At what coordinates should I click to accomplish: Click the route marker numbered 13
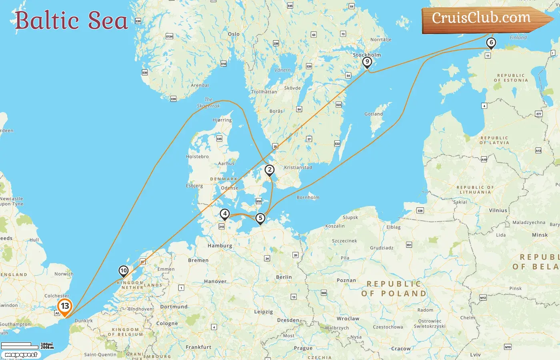(x=65, y=306)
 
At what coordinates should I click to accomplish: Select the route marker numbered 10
(x=124, y=271)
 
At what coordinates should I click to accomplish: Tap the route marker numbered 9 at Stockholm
(x=367, y=62)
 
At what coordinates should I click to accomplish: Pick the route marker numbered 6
(x=491, y=42)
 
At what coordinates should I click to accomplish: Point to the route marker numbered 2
(x=270, y=170)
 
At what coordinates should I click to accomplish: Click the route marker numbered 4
(x=225, y=214)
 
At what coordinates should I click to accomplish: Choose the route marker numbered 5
(x=260, y=218)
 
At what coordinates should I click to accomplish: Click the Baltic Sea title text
(x=71, y=20)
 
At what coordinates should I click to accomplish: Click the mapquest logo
(x=21, y=355)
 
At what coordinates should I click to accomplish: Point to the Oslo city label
(x=234, y=34)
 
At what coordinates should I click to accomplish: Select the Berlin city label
(x=284, y=277)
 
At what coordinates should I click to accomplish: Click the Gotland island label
(x=374, y=114)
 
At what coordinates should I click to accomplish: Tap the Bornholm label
(x=308, y=198)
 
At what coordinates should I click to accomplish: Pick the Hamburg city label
(x=220, y=246)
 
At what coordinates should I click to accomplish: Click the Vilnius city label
(x=498, y=210)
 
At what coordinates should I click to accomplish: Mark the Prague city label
(x=303, y=348)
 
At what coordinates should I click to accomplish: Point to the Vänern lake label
(x=282, y=70)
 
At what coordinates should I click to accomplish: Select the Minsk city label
(x=540, y=235)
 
